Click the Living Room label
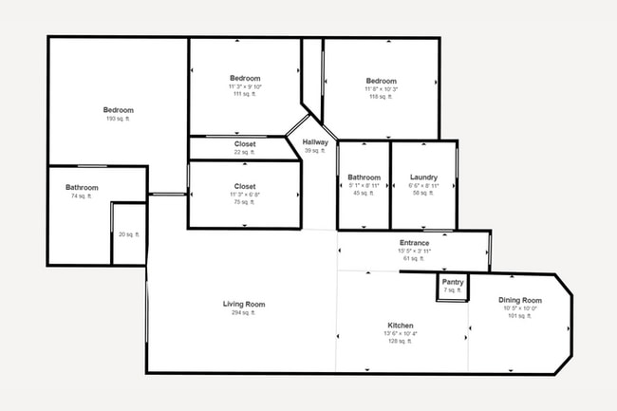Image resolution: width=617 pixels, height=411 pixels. [244, 305]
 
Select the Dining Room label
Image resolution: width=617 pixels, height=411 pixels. [519, 300]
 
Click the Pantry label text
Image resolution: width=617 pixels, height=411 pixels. [453, 282]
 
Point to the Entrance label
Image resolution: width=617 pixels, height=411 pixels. [414, 243]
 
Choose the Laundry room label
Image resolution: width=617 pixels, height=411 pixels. [423, 177]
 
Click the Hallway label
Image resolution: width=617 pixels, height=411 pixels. [315, 142]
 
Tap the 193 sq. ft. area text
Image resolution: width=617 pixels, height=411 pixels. [119, 119]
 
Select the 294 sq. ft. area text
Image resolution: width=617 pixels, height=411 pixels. [244, 313]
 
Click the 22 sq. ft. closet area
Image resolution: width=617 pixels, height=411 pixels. [244, 152]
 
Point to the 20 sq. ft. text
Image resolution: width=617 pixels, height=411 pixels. [128, 234]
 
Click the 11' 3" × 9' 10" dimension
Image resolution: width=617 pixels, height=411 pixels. [245, 86]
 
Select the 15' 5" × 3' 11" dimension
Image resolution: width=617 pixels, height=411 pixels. [414, 251]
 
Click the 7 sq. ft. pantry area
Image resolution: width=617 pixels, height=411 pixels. [453, 290]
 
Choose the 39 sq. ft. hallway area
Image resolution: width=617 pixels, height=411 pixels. [315, 151]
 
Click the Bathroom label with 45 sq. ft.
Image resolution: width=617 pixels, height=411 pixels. [364, 177]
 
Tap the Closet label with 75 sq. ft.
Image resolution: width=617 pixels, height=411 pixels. [245, 187]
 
